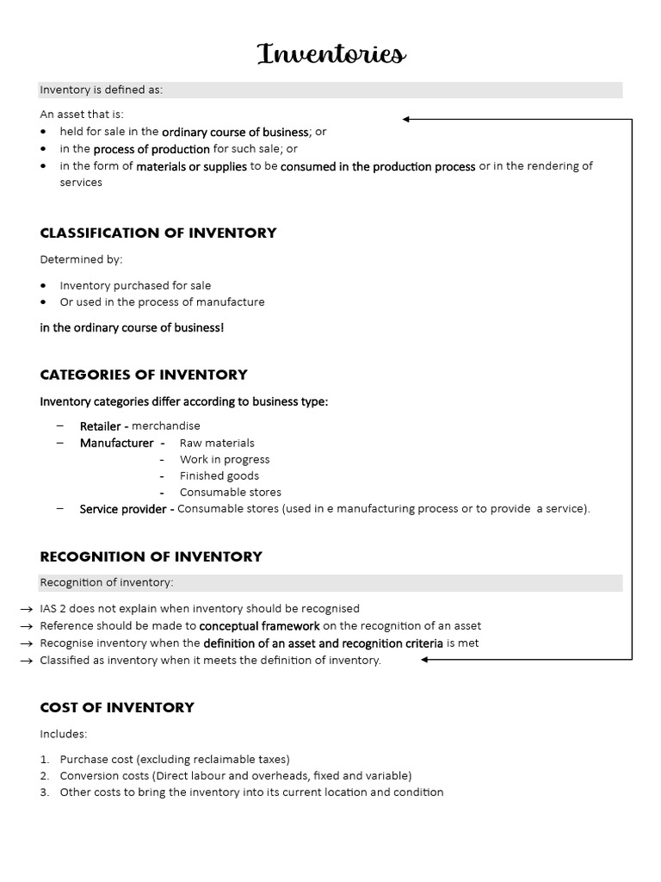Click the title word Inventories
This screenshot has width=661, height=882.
331,54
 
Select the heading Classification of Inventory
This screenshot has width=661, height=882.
158,233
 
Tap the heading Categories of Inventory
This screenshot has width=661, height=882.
144,375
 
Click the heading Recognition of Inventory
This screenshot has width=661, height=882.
151,556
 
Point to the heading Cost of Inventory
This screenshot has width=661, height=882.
117,707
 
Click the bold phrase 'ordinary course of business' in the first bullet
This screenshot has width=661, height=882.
235,133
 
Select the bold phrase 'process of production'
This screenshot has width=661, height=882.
151,149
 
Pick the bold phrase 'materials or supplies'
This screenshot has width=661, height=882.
191,166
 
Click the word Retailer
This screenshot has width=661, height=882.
101,426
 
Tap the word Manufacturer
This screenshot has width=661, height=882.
116,443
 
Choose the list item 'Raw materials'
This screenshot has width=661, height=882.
217,443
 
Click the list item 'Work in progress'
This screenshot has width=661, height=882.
225,459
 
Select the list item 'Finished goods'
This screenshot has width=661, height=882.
219,475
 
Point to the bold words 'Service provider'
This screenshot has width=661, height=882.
123,509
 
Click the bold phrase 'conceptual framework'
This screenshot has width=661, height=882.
260,626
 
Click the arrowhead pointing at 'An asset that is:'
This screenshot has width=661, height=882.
406,120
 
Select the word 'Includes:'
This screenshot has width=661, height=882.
64,734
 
